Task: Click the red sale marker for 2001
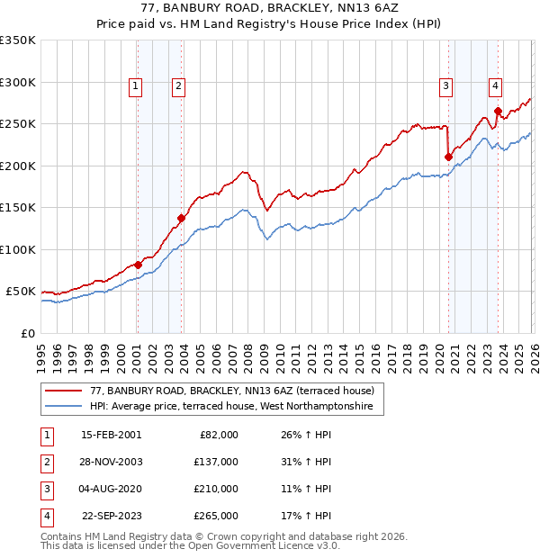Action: click(138, 265)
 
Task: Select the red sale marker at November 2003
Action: click(182, 218)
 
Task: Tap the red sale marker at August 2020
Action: click(448, 157)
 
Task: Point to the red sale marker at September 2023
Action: click(498, 111)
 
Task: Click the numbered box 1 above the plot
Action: click(135, 86)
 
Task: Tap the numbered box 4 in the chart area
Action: click(495, 86)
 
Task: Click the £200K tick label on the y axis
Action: click(18, 166)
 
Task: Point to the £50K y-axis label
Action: click(22, 292)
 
